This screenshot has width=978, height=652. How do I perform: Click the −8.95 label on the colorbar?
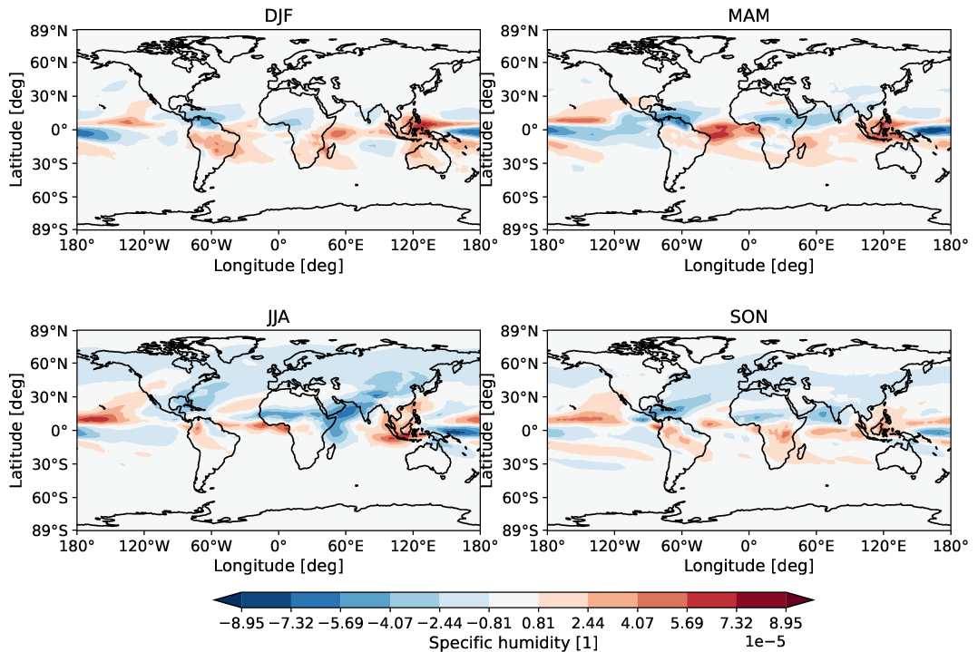[x=241, y=624]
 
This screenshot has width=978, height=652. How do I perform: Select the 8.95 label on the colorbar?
[x=786, y=624]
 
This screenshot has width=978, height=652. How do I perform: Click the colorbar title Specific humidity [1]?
[x=513, y=642]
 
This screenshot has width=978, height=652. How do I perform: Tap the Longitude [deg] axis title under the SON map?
[x=748, y=567]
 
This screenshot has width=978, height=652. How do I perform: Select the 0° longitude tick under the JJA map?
[x=279, y=546]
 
